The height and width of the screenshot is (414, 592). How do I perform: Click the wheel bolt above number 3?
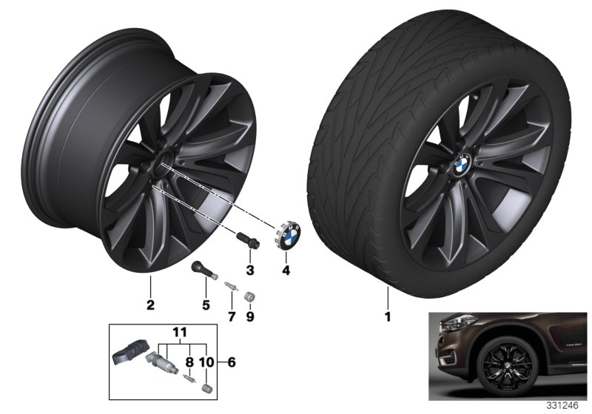[243, 240]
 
